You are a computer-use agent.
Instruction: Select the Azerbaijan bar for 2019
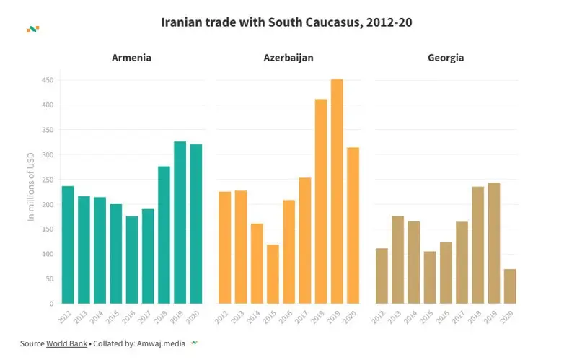(337, 191)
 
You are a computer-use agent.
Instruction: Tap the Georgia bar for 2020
(510, 286)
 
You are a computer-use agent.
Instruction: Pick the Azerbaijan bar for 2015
(273, 274)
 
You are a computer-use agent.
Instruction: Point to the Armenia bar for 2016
(131, 260)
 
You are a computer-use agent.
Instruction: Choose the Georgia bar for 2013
(398, 260)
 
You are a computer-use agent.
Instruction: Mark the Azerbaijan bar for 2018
(321, 201)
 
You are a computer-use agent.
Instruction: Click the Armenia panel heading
(131, 58)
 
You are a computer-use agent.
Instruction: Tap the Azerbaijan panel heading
(288, 58)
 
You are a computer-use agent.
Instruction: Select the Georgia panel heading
(445, 58)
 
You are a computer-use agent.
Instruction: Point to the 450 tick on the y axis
(47, 80)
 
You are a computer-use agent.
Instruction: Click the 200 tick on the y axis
(47, 204)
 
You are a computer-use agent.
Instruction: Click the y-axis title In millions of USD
(31, 186)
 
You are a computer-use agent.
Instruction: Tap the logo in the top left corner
(32, 29)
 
